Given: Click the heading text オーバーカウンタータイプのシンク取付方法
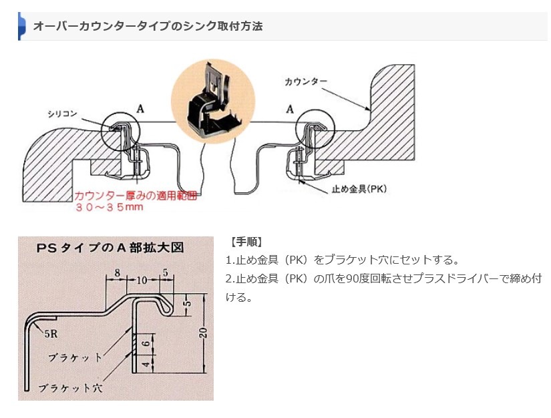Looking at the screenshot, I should [x=148, y=27].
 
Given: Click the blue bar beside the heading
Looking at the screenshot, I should [x=21, y=27].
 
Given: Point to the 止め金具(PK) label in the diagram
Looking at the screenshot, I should [x=359, y=189].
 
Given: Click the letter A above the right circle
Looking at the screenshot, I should [x=289, y=107].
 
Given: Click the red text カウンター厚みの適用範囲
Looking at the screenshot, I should [x=137, y=196].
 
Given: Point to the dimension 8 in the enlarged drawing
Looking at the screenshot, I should [x=116, y=272].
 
